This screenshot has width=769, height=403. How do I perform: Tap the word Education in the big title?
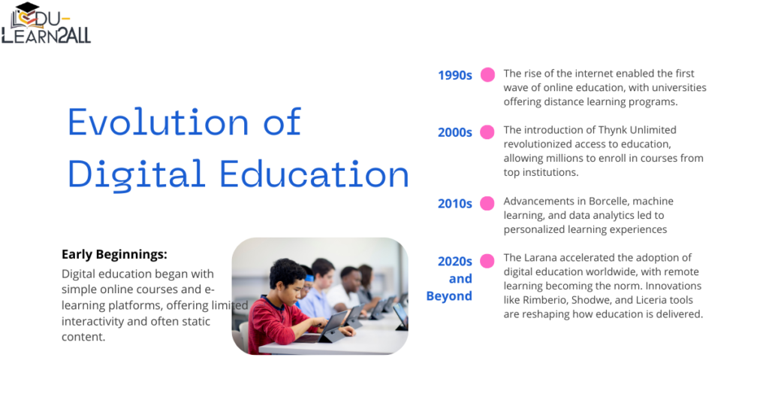(x=315, y=174)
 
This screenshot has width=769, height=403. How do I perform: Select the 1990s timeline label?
(x=455, y=75)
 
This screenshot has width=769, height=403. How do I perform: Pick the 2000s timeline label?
(x=455, y=132)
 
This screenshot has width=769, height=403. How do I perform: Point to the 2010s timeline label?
(x=455, y=204)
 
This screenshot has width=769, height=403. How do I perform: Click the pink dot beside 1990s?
(x=487, y=74)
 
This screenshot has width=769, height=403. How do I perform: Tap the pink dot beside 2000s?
(x=487, y=132)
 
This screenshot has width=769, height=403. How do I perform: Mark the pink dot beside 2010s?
(x=487, y=203)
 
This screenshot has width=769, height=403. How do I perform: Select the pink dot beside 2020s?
(x=487, y=261)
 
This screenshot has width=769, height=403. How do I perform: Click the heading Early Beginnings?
(x=115, y=254)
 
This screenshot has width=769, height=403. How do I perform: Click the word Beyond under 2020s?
(x=449, y=296)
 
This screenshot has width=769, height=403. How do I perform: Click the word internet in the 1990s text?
(x=591, y=74)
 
